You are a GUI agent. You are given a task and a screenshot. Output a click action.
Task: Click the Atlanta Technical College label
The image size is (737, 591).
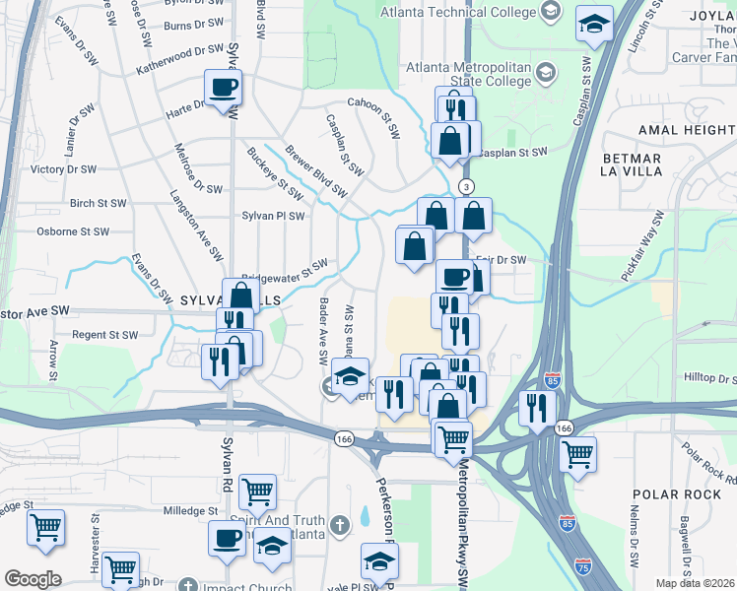[x=455, y=10]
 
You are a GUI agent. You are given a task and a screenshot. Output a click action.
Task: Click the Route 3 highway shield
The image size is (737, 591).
[x=467, y=186]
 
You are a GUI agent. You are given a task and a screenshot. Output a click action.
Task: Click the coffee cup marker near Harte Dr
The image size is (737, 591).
[x=224, y=87]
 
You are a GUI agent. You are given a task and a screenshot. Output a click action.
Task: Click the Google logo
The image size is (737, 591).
[x=33, y=579]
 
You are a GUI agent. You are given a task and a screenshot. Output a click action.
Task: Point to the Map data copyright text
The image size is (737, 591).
[x=695, y=583]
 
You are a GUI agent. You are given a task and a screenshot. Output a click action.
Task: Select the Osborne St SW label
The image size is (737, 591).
[x=72, y=231]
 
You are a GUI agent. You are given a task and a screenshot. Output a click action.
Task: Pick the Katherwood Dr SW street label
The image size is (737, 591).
[x=181, y=56]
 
